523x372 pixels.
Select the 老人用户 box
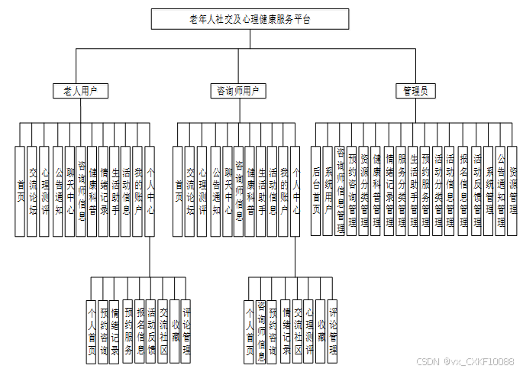pyautogui.click(x=79, y=91)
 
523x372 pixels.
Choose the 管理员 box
pyautogui.click(x=415, y=91)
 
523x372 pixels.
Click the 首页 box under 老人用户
pyautogui.click(x=21, y=191)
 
